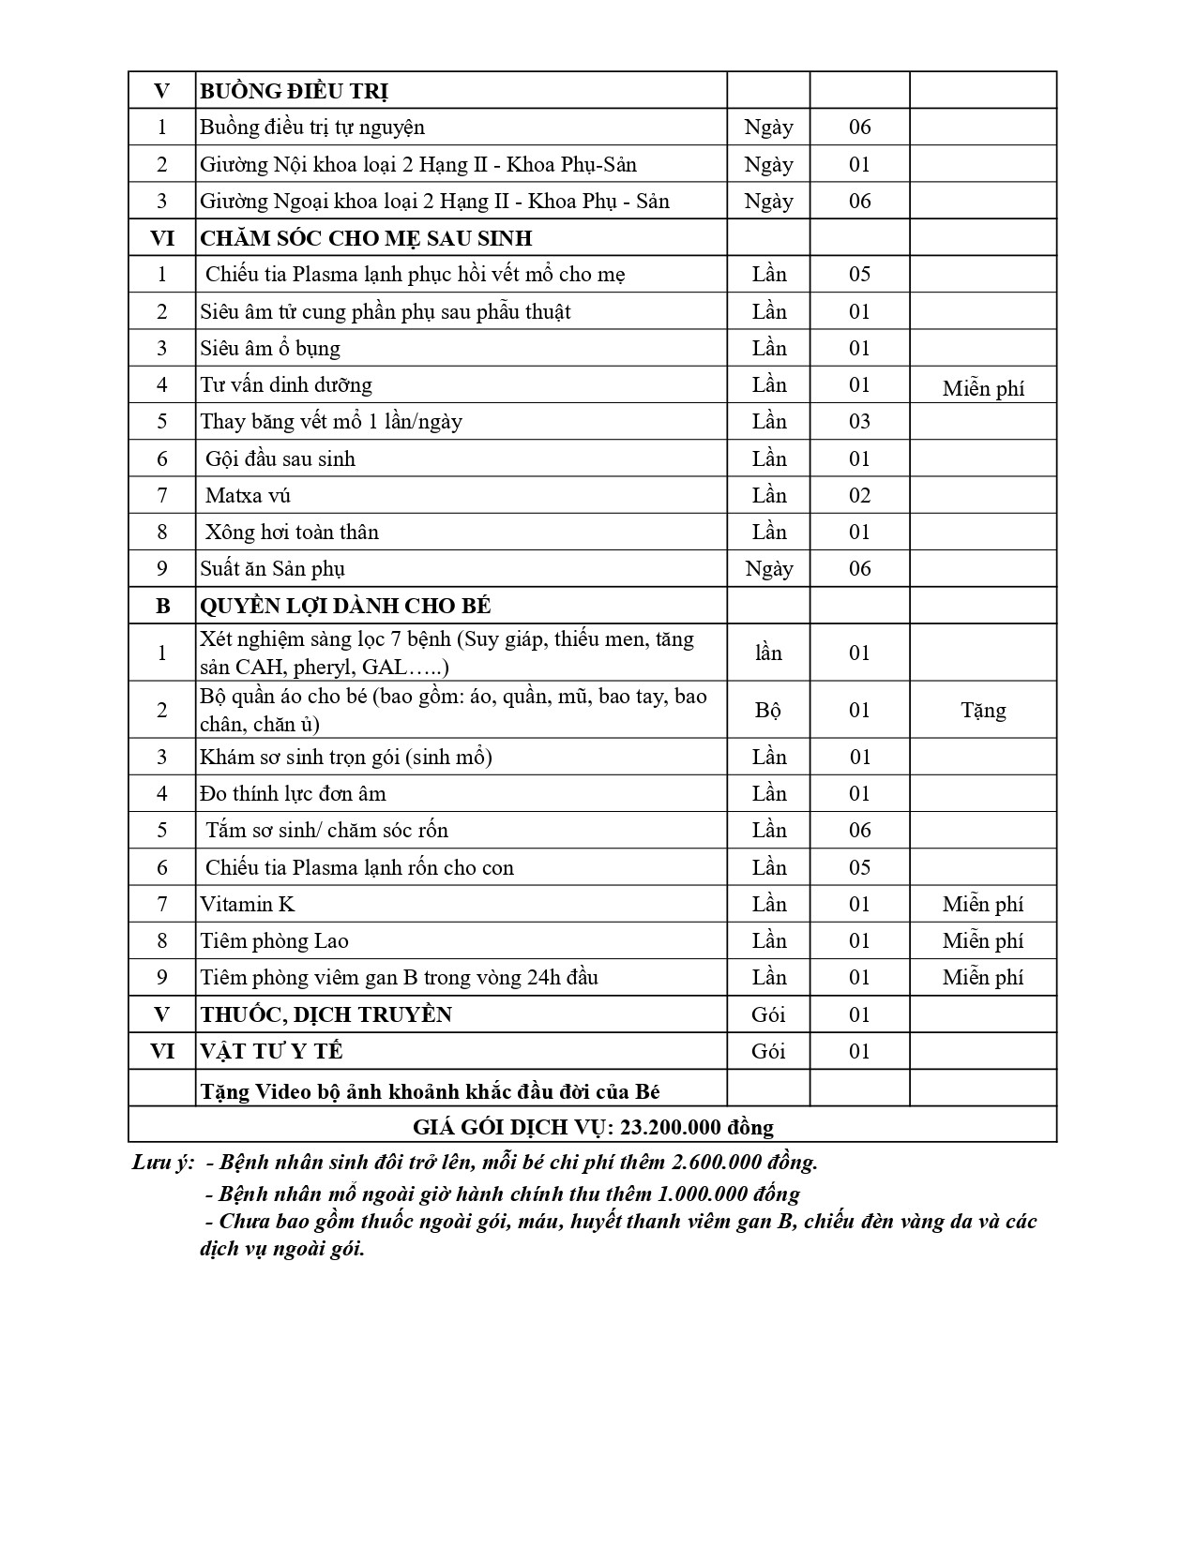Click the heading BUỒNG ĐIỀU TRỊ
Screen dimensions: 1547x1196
(294, 91)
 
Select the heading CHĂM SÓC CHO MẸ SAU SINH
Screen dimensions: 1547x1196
(366, 238)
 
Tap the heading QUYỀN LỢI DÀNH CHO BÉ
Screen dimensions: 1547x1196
(345, 606)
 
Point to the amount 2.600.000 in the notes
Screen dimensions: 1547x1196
(718, 1162)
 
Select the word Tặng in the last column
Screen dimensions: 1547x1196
(983, 710)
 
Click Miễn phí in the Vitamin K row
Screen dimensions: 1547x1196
(983, 904)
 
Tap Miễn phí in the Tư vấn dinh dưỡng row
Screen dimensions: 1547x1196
(983, 388)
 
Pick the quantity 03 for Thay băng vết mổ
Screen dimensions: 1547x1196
(859, 422)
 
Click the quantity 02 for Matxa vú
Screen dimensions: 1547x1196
(859, 495)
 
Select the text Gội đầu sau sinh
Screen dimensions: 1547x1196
(280, 458)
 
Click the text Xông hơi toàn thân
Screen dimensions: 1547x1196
(292, 533)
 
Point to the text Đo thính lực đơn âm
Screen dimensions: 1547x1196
(293, 794)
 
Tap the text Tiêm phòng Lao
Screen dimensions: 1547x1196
(274, 940)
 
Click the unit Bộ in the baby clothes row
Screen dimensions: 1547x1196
(768, 710)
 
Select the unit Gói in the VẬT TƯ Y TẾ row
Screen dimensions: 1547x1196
(768, 1051)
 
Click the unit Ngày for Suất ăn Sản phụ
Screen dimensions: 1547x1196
(768, 569)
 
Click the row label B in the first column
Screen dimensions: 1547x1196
(162, 606)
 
